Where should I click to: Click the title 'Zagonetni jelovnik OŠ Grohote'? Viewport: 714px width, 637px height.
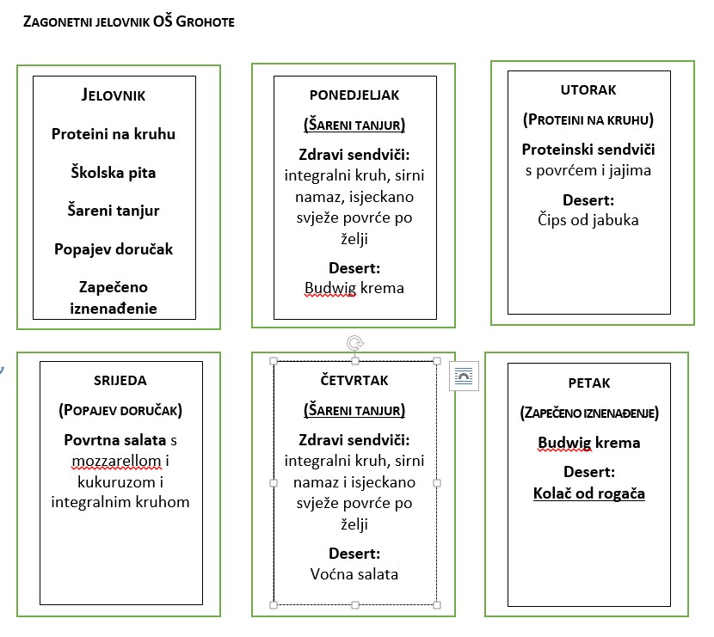click(x=129, y=21)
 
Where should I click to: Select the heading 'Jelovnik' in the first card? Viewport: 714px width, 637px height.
click(x=114, y=95)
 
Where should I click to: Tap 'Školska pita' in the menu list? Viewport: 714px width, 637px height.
click(x=114, y=173)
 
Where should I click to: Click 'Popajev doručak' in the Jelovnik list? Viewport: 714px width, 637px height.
click(x=114, y=249)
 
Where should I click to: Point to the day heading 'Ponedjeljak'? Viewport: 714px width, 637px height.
click(x=354, y=95)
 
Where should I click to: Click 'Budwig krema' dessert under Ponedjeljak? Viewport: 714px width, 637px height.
click(x=354, y=288)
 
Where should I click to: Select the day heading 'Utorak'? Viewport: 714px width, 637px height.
click(x=588, y=89)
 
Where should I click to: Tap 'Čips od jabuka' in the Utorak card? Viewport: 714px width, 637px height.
click(x=588, y=220)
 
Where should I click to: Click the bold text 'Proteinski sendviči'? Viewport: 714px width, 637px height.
click(x=588, y=150)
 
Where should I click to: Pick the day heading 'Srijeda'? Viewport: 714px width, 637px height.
click(x=120, y=380)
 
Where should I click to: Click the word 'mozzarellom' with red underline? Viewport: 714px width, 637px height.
click(x=117, y=461)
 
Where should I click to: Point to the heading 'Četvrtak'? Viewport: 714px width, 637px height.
click(x=354, y=380)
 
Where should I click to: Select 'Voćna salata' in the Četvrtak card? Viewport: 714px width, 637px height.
click(x=354, y=574)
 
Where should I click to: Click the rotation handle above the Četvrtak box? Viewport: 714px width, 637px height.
click(x=354, y=343)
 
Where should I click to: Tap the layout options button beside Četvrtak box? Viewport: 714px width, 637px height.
click(x=464, y=377)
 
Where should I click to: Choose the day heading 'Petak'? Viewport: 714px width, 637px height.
click(x=589, y=383)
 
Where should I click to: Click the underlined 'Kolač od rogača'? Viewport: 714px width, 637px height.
click(x=589, y=493)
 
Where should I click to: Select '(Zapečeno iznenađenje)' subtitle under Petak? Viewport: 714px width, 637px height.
click(x=589, y=413)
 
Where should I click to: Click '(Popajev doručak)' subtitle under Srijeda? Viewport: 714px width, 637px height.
click(x=120, y=410)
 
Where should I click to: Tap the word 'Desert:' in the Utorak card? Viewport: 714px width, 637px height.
click(x=588, y=200)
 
